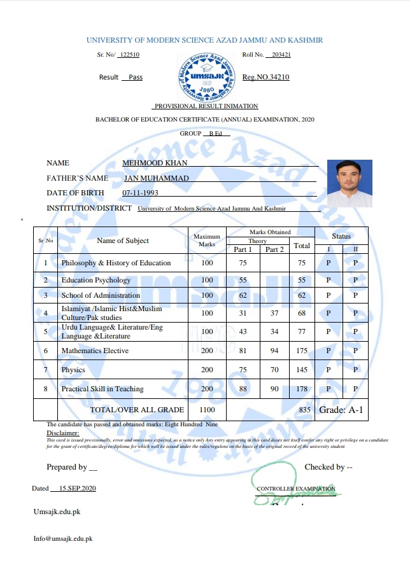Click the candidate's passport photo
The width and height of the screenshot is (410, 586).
(x=349, y=184)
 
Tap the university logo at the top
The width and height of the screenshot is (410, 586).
(x=205, y=75)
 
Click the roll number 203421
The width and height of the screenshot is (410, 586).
(x=281, y=55)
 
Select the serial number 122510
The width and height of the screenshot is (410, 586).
(x=129, y=55)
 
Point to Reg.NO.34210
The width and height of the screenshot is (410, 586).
(x=266, y=77)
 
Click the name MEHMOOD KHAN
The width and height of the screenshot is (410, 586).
(x=155, y=163)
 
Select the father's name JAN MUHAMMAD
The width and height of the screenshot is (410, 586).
(x=157, y=178)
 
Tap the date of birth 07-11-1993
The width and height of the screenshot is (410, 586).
(x=140, y=193)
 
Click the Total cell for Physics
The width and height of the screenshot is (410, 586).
(x=302, y=370)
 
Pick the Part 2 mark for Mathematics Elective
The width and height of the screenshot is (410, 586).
(x=274, y=351)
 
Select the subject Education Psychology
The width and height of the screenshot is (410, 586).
(x=95, y=280)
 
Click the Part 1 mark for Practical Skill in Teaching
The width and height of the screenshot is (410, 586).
(x=243, y=389)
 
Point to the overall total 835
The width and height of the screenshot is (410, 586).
(x=304, y=410)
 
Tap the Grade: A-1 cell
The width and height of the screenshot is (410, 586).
(x=342, y=410)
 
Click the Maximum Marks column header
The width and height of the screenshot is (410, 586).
(x=207, y=240)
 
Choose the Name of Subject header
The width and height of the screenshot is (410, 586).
(x=123, y=241)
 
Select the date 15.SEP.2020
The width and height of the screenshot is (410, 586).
(x=77, y=488)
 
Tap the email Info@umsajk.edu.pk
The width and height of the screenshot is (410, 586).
(x=63, y=539)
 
